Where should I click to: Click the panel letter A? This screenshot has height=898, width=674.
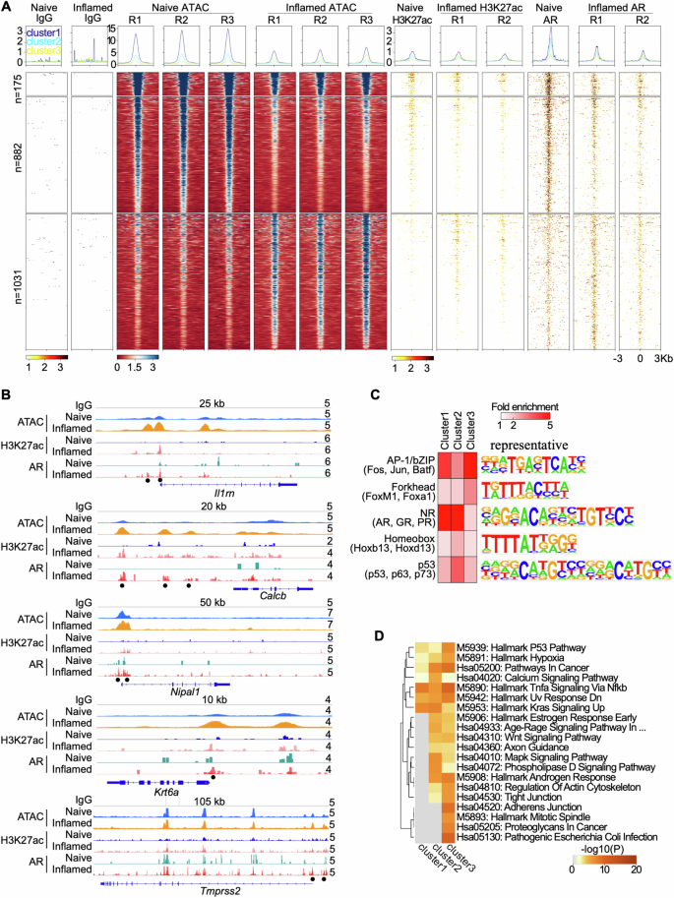[7, 8]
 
